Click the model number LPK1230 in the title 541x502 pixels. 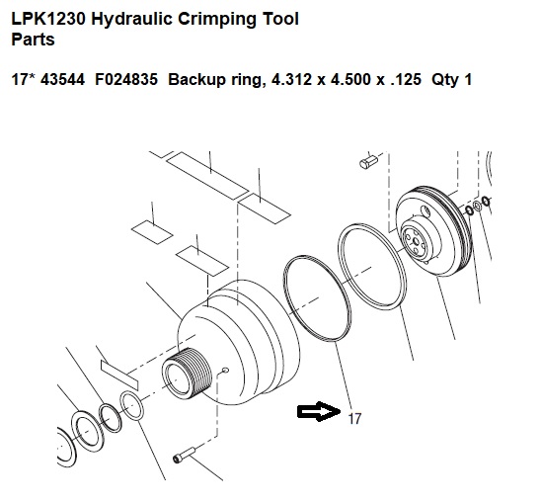pyautogui.click(x=48, y=19)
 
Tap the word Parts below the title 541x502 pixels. pyautogui.click(x=33, y=39)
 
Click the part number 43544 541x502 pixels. pyautogui.click(x=62, y=79)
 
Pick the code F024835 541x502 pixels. pyautogui.click(x=126, y=79)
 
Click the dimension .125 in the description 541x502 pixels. pyautogui.click(x=406, y=79)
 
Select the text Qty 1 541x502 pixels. pyautogui.click(x=451, y=80)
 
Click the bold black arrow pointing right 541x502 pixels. pyautogui.click(x=319, y=411)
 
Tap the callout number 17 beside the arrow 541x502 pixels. pyautogui.click(x=354, y=418)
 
